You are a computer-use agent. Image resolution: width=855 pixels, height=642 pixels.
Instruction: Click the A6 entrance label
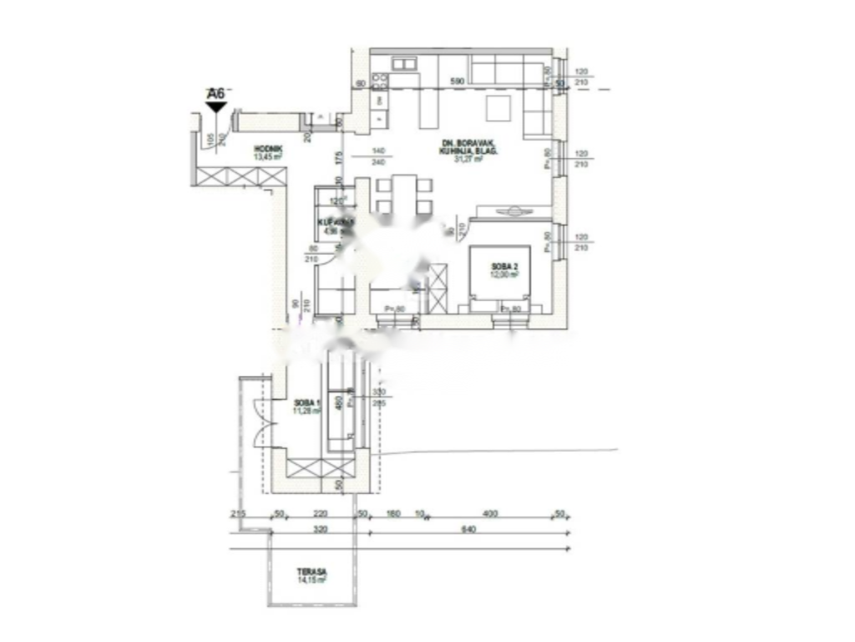click(216, 94)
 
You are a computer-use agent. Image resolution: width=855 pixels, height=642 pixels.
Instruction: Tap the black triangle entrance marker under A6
click(216, 107)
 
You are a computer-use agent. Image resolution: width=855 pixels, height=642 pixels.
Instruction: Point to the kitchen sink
click(404, 64)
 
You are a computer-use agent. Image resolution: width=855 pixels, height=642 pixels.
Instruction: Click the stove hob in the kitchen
click(379, 81)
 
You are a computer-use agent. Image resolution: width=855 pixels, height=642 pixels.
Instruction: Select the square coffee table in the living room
click(499, 109)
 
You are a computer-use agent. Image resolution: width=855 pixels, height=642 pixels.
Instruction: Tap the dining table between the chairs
click(404, 195)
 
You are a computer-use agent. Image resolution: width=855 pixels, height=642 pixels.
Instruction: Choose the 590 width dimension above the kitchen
click(457, 82)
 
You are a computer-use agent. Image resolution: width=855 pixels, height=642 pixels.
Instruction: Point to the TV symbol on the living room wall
click(511, 211)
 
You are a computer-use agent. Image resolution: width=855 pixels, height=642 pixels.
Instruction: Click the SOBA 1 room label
click(306, 402)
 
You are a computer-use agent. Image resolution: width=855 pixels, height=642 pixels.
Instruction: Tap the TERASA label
click(308, 573)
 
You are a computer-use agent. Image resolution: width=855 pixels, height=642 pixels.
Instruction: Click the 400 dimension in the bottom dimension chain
click(489, 513)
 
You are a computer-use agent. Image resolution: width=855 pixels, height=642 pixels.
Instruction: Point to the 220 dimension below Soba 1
click(320, 513)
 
